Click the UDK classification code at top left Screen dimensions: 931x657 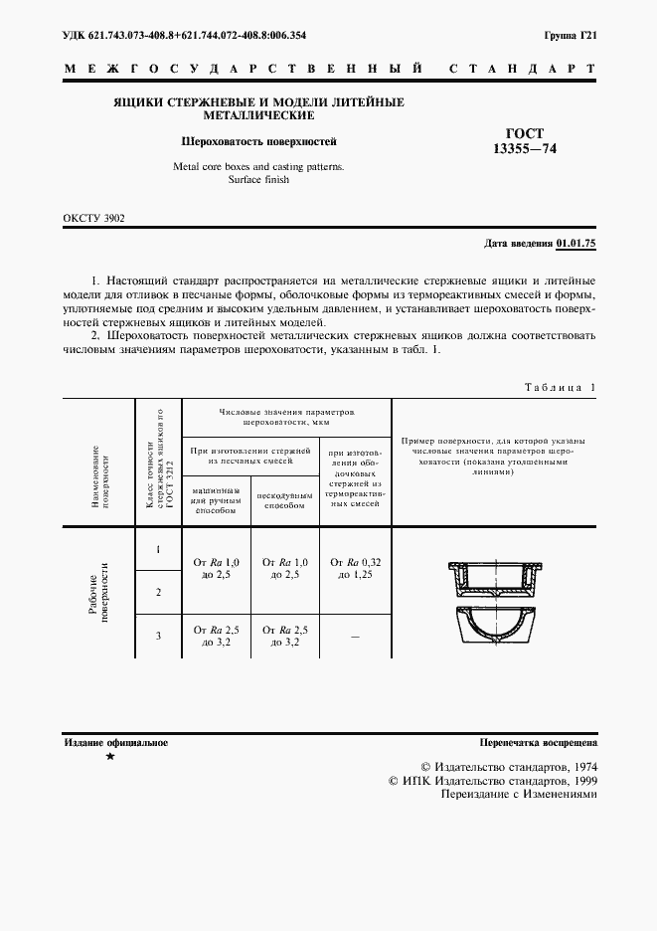tap(184, 36)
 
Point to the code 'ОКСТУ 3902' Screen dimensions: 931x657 tap(94, 218)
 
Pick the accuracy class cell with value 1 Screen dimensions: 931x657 tap(157, 549)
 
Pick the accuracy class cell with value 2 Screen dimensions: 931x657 tap(157, 593)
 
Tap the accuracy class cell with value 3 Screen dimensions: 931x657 tap(157, 636)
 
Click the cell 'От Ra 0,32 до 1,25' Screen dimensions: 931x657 tap(356, 568)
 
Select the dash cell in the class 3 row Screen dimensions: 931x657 tap(356, 637)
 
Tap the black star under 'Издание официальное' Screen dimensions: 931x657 tap(110, 758)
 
